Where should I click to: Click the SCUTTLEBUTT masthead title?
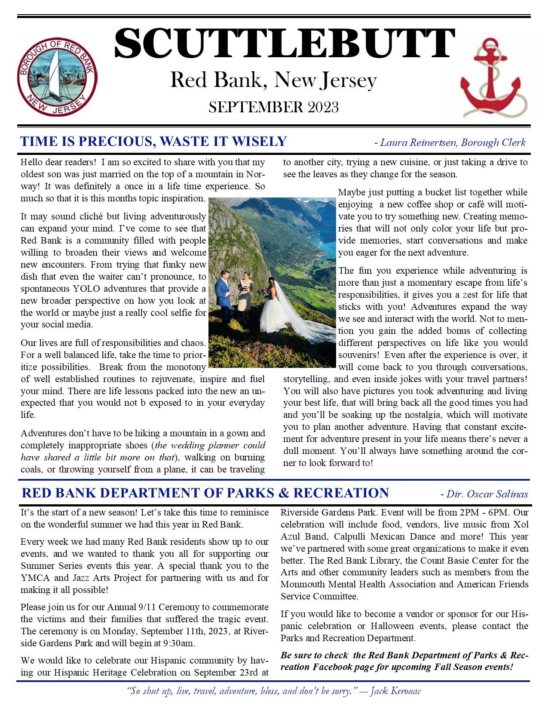coord(284,44)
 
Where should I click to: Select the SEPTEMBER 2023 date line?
coord(273,107)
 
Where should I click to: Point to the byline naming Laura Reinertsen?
coord(450,142)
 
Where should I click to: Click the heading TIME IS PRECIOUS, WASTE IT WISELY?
coord(153,141)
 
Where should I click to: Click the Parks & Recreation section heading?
coord(205,493)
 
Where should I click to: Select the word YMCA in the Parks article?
coord(32,578)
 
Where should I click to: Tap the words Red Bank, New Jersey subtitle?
coord(273,80)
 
